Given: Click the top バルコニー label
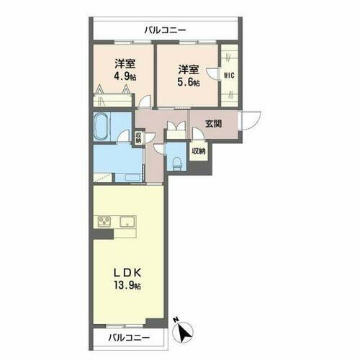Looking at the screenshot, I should [165, 30].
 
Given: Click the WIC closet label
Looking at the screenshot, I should [228, 75].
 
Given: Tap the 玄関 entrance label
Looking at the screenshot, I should [213, 123].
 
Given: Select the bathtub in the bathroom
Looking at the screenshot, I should [101, 127].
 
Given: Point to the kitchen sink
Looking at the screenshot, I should [127, 220].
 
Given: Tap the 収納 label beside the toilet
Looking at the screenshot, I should [198, 151].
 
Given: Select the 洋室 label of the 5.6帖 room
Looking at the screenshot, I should [188, 70].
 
